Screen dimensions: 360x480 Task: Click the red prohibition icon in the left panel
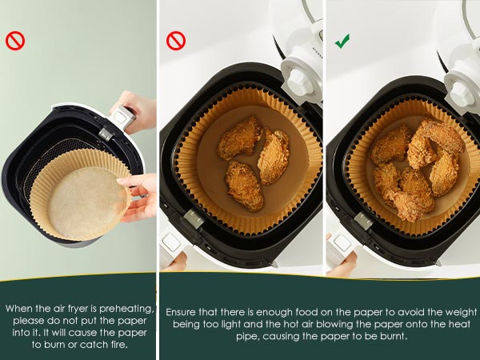click(15, 41)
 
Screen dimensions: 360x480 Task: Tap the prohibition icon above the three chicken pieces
click(175, 41)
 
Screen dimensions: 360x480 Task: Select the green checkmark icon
click(342, 40)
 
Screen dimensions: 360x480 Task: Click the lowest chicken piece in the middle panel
click(243, 185)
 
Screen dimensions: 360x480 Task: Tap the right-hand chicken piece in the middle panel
click(274, 156)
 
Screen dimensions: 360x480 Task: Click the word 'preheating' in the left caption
click(121, 308)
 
